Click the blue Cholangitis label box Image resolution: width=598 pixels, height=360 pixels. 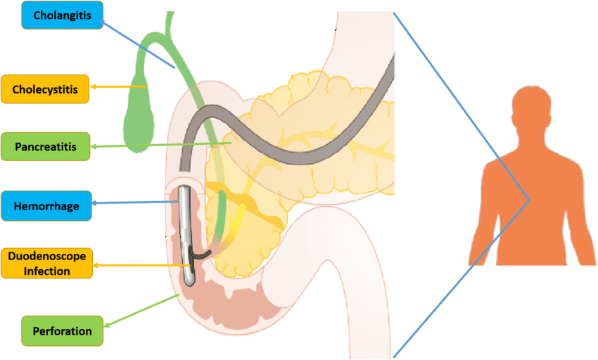(63, 15)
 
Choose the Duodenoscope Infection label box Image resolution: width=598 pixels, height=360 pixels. (47, 262)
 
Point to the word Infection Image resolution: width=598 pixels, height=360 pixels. (46, 271)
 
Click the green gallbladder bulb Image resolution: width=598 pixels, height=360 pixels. (138, 123)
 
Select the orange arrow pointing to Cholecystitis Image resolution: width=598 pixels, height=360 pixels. (120, 87)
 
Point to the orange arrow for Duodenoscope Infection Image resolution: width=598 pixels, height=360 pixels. (141, 265)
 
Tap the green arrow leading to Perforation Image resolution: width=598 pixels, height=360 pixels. (141, 310)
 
